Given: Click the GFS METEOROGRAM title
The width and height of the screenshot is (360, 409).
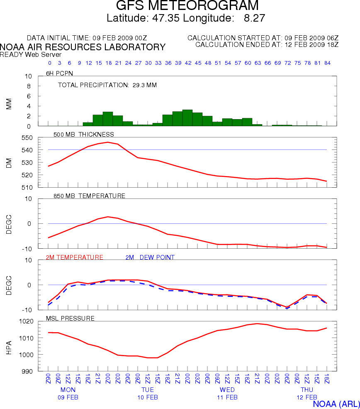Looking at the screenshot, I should click(187, 6).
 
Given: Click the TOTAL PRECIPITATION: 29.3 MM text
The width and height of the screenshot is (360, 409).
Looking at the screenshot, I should click(107, 85).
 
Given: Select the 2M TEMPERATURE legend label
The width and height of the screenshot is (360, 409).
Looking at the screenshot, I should click(75, 257).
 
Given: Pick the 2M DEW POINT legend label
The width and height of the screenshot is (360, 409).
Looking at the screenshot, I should click(150, 257).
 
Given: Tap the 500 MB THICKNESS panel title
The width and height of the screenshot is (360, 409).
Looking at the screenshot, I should click(84, 134).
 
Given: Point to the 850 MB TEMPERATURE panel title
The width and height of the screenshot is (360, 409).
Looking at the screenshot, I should click(89, 196).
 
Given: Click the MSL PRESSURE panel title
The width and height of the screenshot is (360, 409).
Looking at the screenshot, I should click(73, 318).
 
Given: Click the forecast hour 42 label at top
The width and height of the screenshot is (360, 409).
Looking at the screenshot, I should click(188, 63).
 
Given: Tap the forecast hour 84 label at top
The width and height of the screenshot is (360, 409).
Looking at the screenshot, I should click(327, 63).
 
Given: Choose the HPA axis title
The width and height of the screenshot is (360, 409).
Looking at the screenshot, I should click(9, 346).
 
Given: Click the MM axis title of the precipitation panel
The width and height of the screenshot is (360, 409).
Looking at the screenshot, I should click(9, 104).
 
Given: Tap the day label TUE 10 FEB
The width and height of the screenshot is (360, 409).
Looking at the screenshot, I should click(148, 393).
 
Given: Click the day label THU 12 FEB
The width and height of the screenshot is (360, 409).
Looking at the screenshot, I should click(307, 393).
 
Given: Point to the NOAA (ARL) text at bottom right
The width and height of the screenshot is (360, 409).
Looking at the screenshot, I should click(336, 404).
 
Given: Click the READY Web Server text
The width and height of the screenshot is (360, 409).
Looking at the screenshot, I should click(31, 54).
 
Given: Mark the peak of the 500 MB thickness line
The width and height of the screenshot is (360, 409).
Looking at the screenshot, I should click(108, 142).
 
